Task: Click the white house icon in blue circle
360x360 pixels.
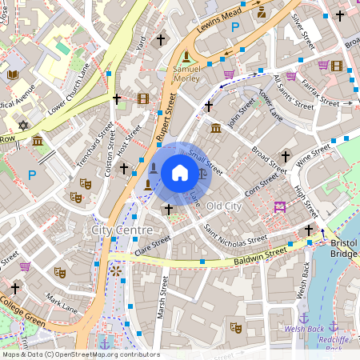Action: pyautogui.click(x=180, y=173)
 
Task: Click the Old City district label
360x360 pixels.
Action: pyautogui.click(x=223, y=206)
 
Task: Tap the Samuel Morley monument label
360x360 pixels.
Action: pyautogui.click(x=187, y=74)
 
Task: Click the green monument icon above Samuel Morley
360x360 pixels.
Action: pyautogui.click(x=187, y=56)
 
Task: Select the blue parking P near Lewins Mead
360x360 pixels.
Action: pyautogui.click(x=235, y=28)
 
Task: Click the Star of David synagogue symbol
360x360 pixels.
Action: pyautogui.click(x=23, y=126)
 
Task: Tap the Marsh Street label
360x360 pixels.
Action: pyautogui.click(x=162, y=295)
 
